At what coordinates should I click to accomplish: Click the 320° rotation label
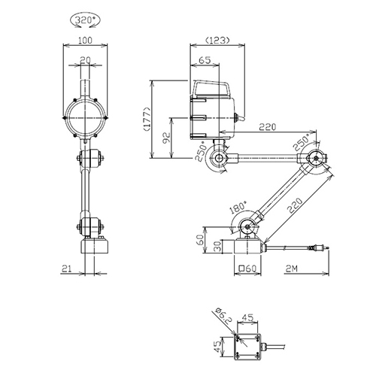pyautogui.click(x=86, y=20)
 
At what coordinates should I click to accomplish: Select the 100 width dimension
pyautogui.click(x=85, y=40)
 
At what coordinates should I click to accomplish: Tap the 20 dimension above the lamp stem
pyautogui.click(x=85, y=60)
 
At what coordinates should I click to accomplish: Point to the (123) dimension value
pyautogui.click(x=217, y=40)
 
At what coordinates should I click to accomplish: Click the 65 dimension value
pyautogui.click(x=205, y=60)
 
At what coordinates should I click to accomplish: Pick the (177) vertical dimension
pyautogui.click(x=147, y=119)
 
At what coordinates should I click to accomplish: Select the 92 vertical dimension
pyautogui.click(x=166, y=138)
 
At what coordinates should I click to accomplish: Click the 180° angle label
pyautogui.click(x=238, y=207)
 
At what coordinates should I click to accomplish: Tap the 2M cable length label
pyautogui.click(x=292, y=268)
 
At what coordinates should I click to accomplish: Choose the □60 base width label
pyautogui.click(x=248, y=268)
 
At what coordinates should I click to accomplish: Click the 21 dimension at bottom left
pyautogui.click(x=67, y=268)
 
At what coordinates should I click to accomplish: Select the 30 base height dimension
pyautogui.click(x=217, y=246)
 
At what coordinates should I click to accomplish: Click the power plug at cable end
pyautogui.click(x=320, y=248)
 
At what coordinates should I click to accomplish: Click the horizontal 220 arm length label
pyautogui.click(x=268, y=127)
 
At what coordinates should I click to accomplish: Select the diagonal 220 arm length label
pyautogui.click(x=295, y=205)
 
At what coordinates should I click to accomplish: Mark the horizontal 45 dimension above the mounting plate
pyautogui.click(x=247, y=318)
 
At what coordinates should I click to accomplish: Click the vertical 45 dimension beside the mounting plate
pyautogui.click(x=217, y=347)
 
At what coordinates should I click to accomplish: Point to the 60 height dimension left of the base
pyautogui.click(x=199, y=241)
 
